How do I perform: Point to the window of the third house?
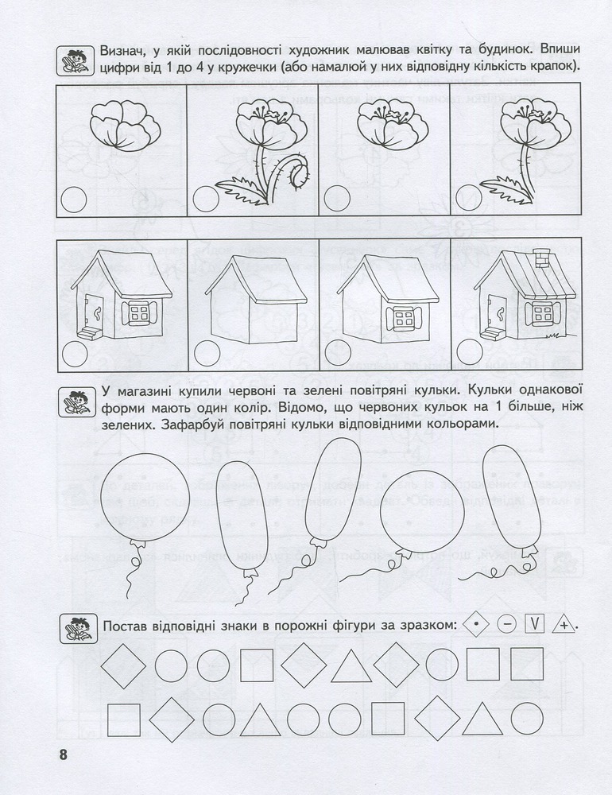click(x=404, y=319)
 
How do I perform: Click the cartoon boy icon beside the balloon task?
click(x=77, y=403)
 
